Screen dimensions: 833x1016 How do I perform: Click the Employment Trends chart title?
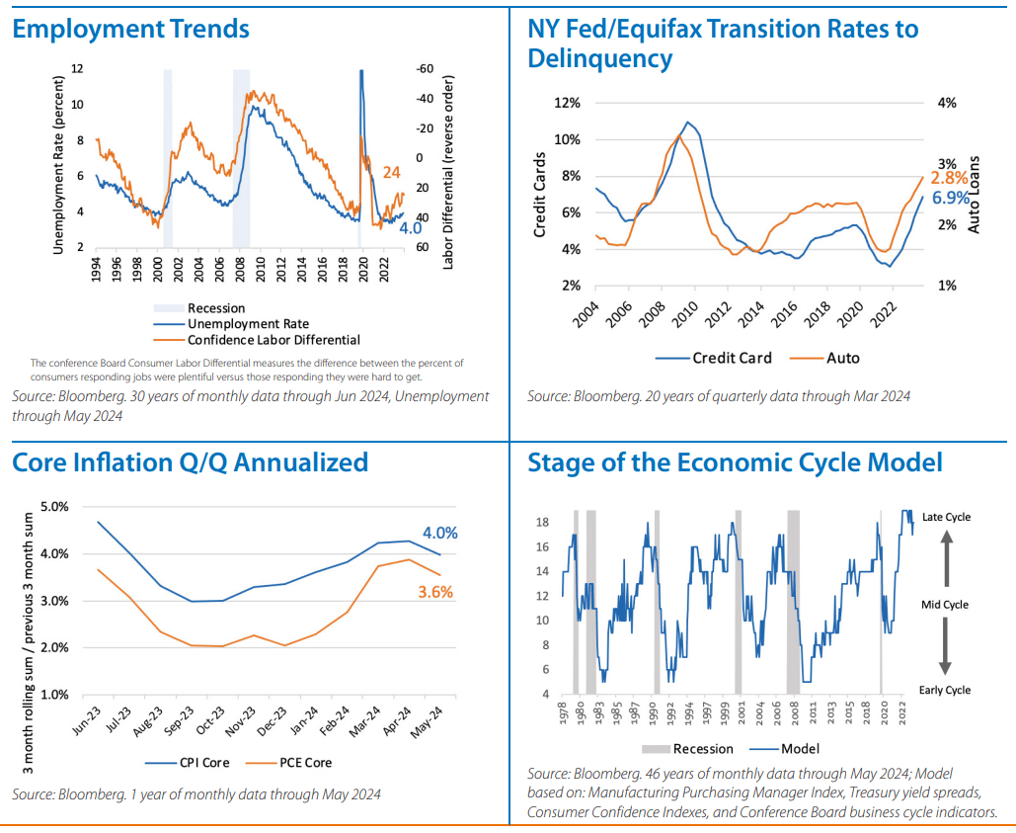click(130, 30)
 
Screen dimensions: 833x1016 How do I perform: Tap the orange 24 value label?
click(391, 173)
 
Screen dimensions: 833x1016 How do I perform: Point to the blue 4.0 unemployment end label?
click(410, 228)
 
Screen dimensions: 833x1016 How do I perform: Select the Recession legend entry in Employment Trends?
click(215, 308)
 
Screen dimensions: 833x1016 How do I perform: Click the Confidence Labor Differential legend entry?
click(274, 339)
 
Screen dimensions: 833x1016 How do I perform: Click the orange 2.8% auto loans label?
click(948, 178)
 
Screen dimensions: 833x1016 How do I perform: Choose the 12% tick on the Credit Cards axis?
click(566, 103)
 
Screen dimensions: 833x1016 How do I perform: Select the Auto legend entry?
click(841, 358)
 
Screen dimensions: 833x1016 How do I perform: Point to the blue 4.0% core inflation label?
click(439, 533)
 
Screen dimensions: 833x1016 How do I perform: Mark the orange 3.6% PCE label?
click(434, 593)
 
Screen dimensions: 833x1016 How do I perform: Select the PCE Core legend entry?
click(303, 762)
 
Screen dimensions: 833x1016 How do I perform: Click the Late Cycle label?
click(945, 517)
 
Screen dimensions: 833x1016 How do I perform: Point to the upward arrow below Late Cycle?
click(945, 558)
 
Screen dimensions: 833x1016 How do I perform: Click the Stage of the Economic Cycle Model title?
click(735, 462)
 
